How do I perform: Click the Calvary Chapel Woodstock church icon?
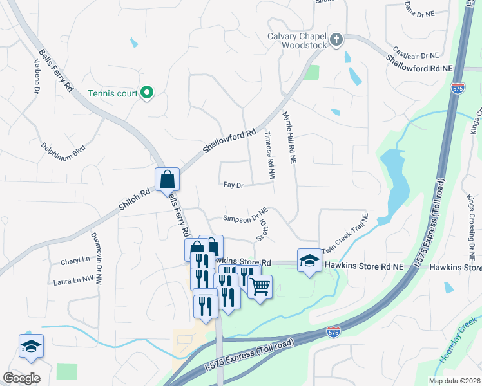coord(336,41)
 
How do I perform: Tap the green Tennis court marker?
coord(147,94)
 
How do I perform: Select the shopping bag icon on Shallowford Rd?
coord(167,179)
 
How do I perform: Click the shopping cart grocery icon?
coord(260,286)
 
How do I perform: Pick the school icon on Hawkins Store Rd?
coord(309,261)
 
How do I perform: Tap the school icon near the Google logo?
coord(31,346)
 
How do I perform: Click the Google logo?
coord(22,378)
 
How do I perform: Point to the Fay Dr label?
coord(233,185)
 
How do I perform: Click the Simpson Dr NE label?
coord(246,219)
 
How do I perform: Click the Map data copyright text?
coord(454,380)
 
